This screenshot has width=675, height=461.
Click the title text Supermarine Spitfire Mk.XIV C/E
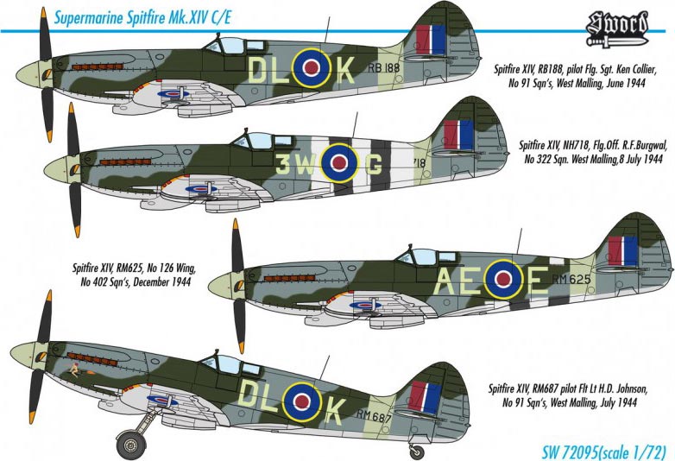(x=143, y=17)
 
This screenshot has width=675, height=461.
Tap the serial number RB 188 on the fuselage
(x=384, y=67)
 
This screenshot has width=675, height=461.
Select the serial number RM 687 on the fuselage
(x=374, y=416)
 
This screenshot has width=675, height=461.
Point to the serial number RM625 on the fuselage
(x=571, y=280)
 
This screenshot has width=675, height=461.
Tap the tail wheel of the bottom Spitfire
(x=417, y=452)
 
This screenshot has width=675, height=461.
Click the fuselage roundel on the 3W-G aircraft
(x=339, y=162)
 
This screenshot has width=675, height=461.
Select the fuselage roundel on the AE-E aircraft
(x=503, y=280)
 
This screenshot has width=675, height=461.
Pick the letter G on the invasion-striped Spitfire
(x=374, y=164)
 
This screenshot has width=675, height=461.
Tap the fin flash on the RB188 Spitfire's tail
(x=431, y=40)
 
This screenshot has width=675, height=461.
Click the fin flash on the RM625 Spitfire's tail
(x=622, y=251)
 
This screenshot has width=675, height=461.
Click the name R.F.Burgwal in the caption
(x=644, y=145)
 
